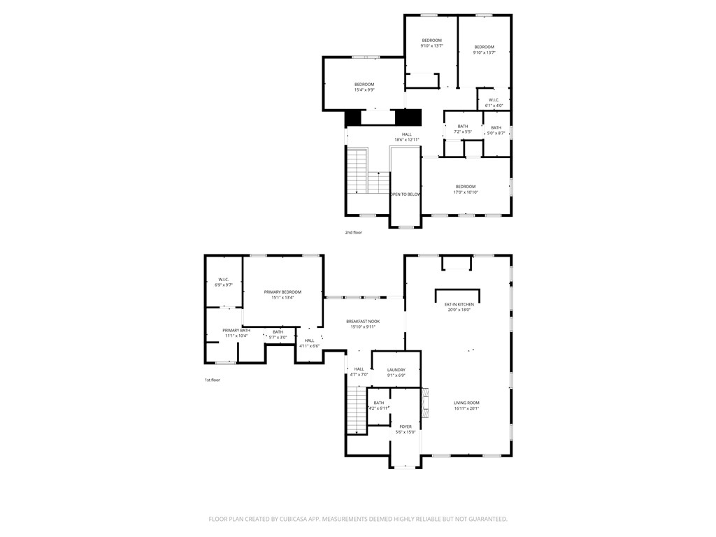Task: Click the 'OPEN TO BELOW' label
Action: (406, 194)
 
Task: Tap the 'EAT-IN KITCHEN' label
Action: (459, 304)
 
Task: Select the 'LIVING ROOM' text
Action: (466, 403)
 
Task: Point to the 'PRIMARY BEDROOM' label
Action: (282, 292)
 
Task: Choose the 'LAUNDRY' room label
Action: (396, 370)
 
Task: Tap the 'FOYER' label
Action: (406, 427)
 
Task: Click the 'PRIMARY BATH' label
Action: (236, 330)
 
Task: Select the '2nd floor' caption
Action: (354, 232)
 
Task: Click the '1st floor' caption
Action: (212, 380)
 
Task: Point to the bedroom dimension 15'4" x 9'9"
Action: (364, 90)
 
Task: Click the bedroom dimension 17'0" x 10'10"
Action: (465, 192)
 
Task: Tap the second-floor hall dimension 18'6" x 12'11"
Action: (407, 140)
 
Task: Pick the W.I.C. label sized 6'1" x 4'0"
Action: (494, 100)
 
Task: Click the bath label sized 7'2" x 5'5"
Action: (463, 126)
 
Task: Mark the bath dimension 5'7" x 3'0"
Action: (278, 338)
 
